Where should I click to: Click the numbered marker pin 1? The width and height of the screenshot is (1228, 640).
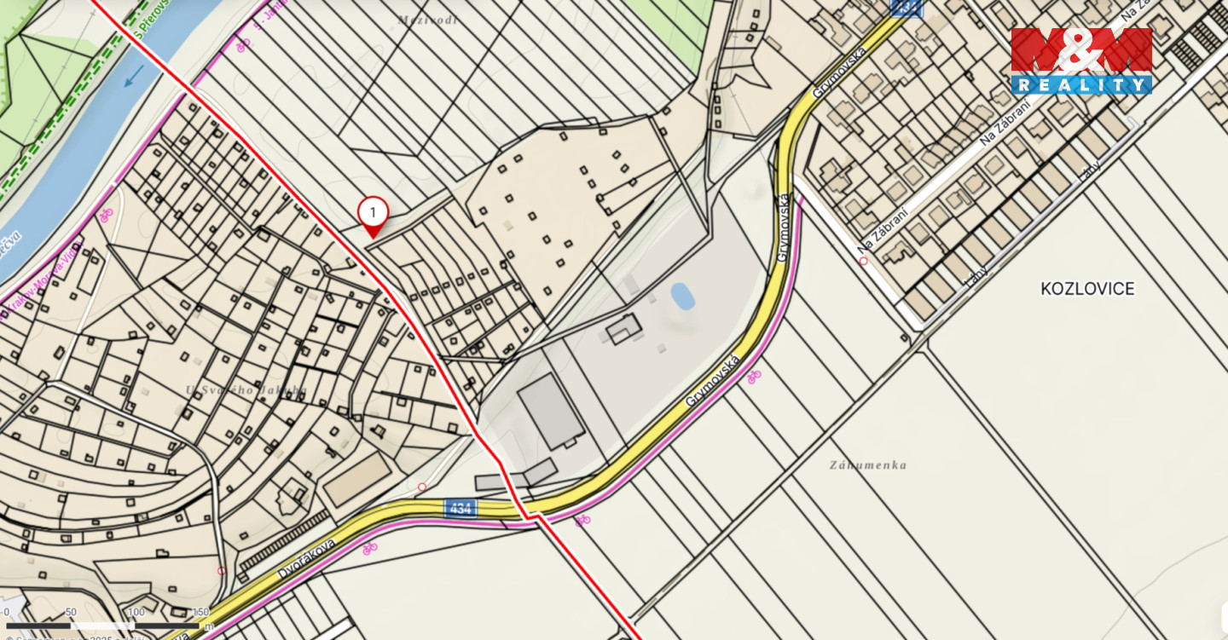pos(373,213)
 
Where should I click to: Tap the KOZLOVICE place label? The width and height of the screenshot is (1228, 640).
pos(1087,288)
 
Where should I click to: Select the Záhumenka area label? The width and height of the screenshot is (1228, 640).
pos(867,465)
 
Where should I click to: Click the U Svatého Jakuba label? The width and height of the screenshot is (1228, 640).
pos(246,390)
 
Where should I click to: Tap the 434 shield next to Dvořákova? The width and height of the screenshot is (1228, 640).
pos(460,508)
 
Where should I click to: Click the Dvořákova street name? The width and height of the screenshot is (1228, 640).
pos(308,558)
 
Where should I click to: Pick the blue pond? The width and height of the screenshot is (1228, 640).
pos(682,296)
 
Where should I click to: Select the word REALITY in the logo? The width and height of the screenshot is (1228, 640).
pos(1081,84)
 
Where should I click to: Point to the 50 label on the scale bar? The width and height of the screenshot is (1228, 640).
pos(71,612)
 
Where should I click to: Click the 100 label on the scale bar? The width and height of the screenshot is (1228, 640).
pos(136,612)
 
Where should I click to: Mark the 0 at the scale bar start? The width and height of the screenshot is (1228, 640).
pos(7,612)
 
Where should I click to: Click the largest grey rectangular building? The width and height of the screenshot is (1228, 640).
pos(553,412)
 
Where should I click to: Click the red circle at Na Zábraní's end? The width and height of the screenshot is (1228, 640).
pos(864,261)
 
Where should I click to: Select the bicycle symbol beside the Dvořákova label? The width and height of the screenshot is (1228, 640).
pos(369,548)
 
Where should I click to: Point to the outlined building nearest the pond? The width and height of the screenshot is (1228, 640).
pos(623,328)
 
